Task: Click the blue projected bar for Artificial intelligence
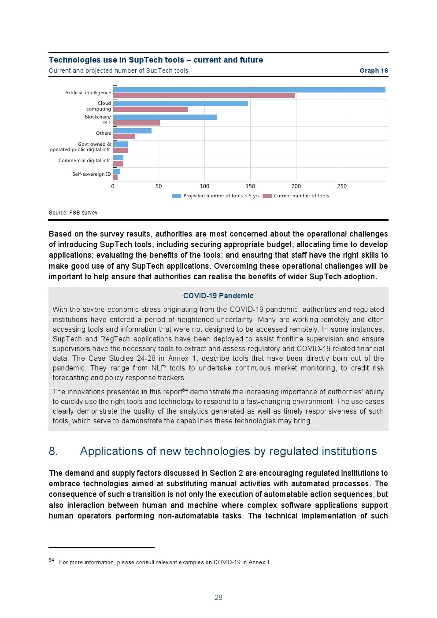249,90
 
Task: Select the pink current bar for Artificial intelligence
204,96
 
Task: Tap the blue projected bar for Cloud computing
180,104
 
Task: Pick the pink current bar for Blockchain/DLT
136,123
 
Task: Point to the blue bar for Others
132,131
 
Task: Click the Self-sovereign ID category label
92,174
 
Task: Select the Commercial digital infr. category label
85,161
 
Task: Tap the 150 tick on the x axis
250,186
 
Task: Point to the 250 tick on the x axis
342,186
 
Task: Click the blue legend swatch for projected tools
177,196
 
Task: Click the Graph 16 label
374,70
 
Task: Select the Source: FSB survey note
73,213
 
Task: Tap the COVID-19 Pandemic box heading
218,296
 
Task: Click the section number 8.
53,451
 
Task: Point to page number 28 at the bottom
218,598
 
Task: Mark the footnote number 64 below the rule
51,560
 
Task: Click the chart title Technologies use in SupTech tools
156,60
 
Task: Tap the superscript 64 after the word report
185,390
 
